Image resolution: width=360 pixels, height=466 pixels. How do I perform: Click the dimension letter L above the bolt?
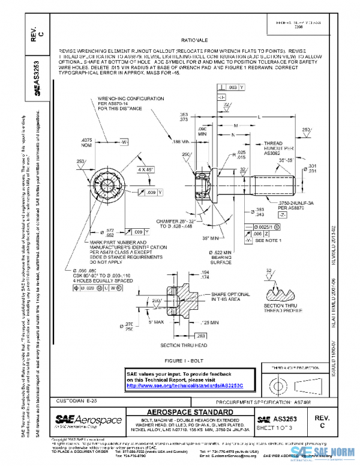click(x=258, y=116)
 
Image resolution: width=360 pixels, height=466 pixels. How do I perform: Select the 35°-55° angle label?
click(x=286, y=161)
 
